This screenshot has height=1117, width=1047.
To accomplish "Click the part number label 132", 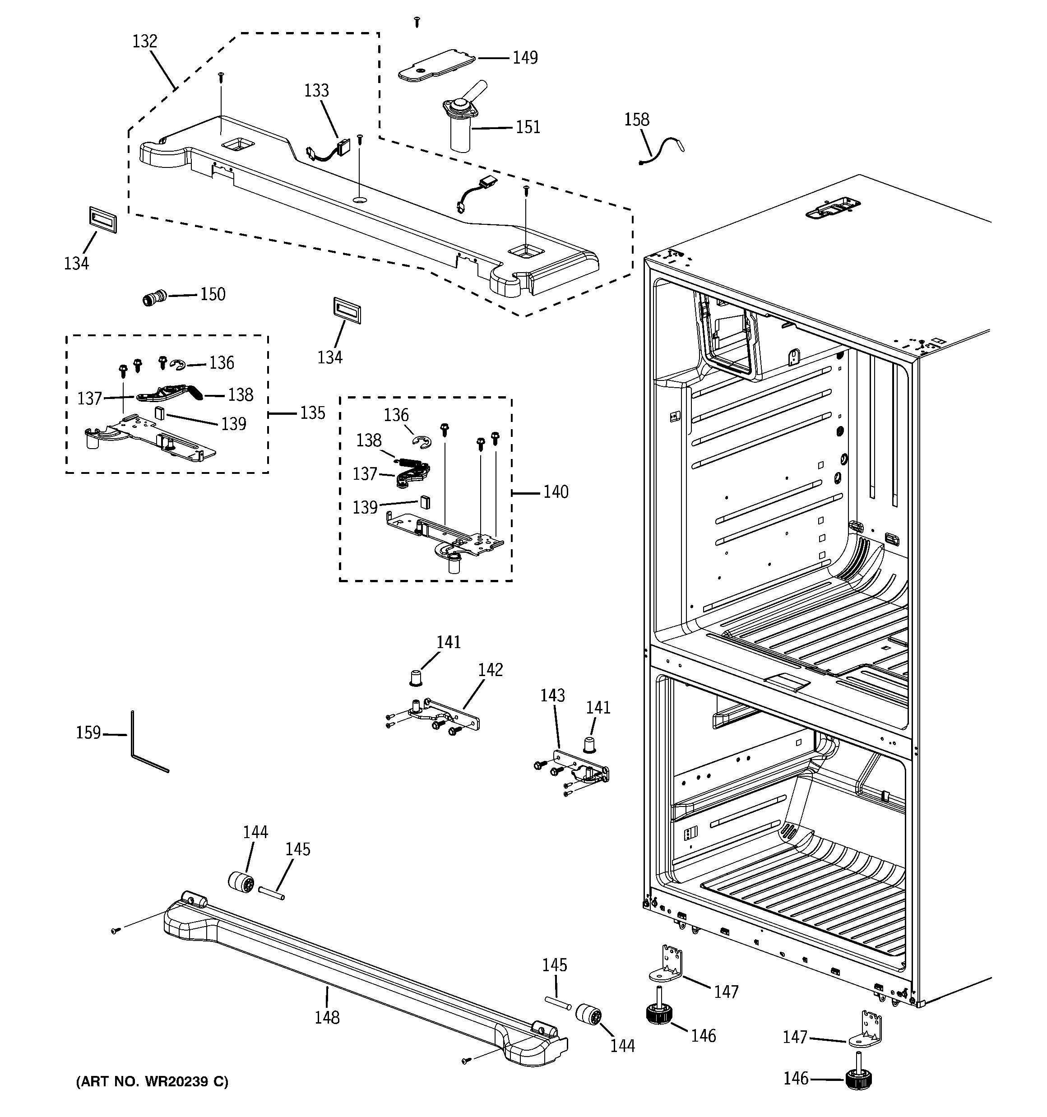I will click(x=144, y=42).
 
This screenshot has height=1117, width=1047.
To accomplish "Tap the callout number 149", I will click(x=525, y=58).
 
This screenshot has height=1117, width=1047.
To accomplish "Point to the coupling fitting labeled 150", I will click(x=154, y=297).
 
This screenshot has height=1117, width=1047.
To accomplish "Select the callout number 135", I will click(x=312, y=413).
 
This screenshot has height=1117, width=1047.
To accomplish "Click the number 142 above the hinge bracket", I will click(x=490, y=670).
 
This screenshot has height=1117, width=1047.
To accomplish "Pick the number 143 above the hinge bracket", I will click(x=552, y=695).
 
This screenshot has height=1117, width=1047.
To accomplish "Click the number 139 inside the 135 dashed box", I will click(x=234, y=424).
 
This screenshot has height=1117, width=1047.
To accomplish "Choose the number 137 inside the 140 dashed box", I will click(x=365, y=474).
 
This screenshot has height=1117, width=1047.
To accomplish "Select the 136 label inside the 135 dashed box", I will click(x=222, y=363).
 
